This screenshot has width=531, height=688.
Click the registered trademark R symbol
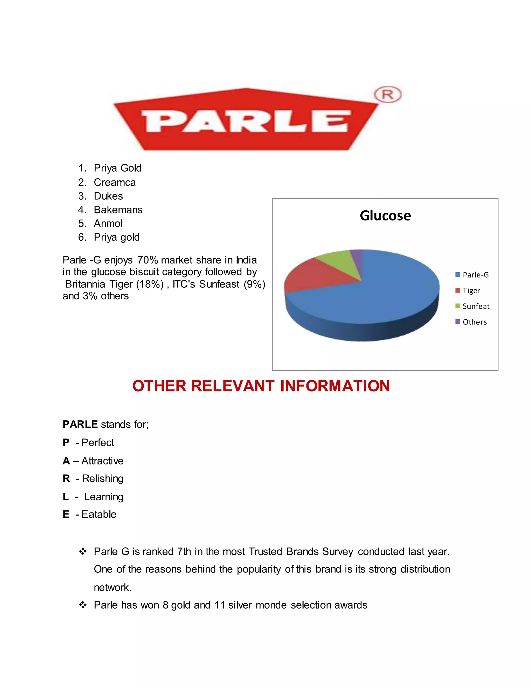388,95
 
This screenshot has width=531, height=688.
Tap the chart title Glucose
385,216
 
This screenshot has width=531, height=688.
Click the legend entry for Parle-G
475,275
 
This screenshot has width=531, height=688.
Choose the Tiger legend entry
471,291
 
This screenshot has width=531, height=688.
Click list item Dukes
108,196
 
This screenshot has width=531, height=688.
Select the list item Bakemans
118,210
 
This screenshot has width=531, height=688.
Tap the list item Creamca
115,183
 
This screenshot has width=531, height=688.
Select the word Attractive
102,461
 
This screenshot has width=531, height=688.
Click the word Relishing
103,478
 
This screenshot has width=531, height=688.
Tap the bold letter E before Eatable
66,514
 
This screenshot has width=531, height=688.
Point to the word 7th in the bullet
184,552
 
